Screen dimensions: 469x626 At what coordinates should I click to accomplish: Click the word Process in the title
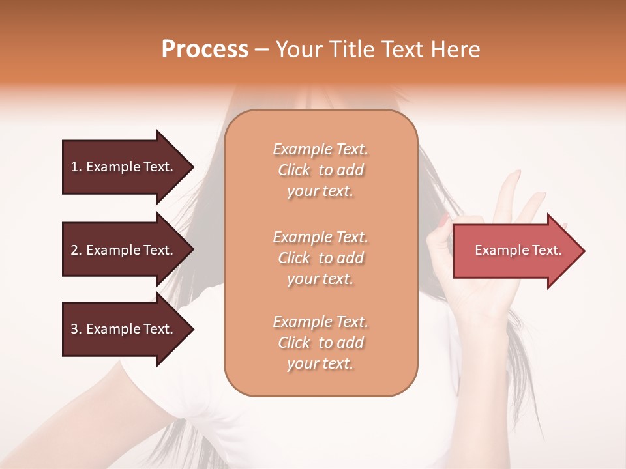pos(205,50)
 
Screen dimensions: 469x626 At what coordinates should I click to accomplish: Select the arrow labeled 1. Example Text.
pos(122,167)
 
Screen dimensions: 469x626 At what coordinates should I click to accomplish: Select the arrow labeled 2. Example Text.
pos(122,250)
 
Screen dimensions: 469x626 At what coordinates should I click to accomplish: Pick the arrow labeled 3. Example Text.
pos(122,329)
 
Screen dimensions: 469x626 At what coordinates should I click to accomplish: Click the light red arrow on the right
pos(515,251)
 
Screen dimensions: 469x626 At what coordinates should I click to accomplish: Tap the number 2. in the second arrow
pos(76,250)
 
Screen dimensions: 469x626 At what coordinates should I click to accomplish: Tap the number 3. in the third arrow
pos(76,329)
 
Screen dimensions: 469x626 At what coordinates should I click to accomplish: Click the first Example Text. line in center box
pos(320,149)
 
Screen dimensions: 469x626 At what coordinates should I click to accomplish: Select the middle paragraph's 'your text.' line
pos(320,279)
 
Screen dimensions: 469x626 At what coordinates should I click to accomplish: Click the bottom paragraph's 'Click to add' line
pos(320,343)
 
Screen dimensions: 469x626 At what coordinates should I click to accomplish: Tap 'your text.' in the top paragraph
pos(320,192)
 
